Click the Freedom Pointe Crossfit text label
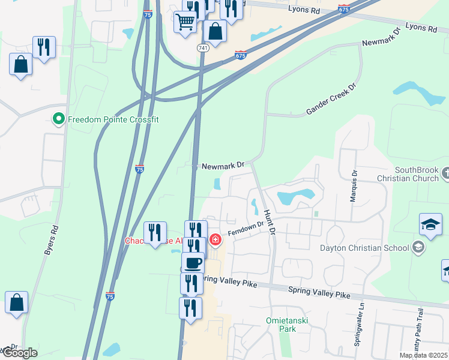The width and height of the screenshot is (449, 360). click(x=113, y=119)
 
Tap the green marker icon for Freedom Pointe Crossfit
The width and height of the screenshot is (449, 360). click(x=59, y=119)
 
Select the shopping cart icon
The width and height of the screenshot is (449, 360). click(x=185, y=22)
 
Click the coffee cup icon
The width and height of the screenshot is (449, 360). click(x=193, y=263)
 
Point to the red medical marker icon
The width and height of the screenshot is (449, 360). click(x=215, y=241)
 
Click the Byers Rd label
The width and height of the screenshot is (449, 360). click(x=51, y=241)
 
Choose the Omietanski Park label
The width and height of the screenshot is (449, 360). click(x=287, y=325)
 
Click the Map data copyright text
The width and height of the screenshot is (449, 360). click(x=424, y=355)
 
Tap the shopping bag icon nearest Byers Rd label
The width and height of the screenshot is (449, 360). click(x=17, y=304)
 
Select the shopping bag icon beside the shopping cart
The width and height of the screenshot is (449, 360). click(x=215, y=31)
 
